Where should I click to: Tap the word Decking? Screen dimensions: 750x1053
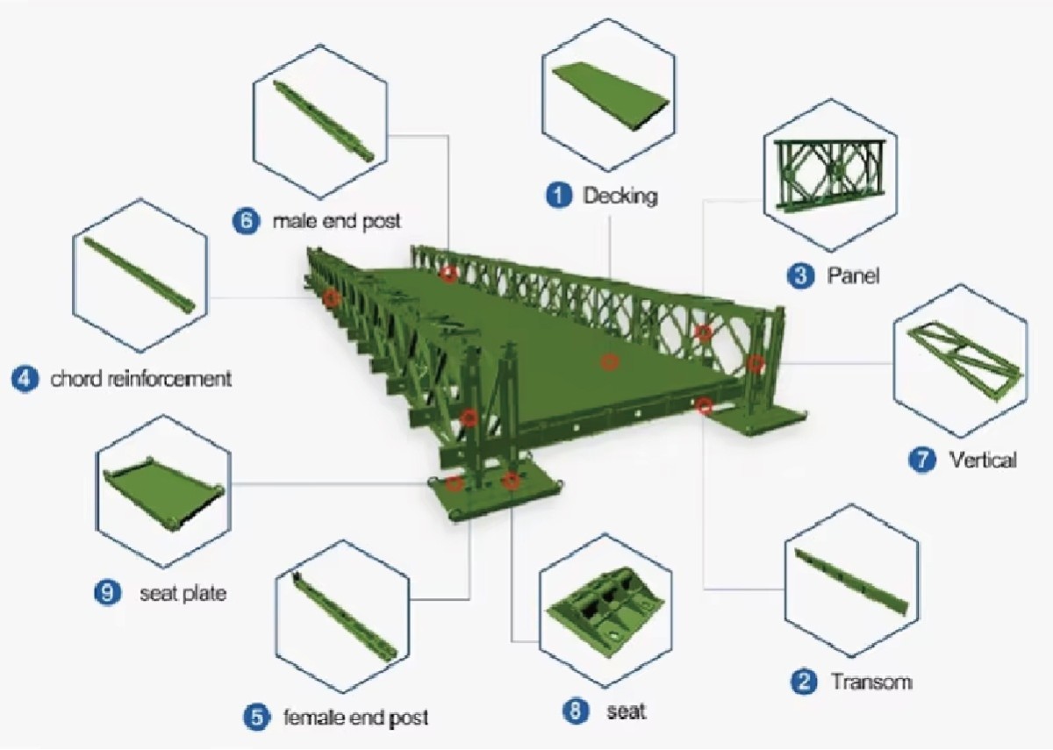click(x=620, y=195)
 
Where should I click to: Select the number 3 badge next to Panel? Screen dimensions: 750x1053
click(x=799, y=276)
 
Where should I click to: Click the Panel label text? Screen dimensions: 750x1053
click(x=853, y=276)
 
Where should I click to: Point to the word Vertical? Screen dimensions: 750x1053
click(x=982, y=460)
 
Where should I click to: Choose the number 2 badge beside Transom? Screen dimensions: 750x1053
click(x=803, y=682)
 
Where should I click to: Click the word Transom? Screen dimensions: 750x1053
click(x=871, y=682)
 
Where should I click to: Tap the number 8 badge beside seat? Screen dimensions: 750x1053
click(x=576, y=711)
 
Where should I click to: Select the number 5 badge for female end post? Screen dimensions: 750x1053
click(x=256, y=718)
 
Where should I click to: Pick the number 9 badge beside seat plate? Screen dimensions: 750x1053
click(x=107, y=593)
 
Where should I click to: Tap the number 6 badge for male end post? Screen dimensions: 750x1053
click(x=247, y=220)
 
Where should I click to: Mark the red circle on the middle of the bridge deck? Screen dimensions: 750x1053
click(x=608, y=361)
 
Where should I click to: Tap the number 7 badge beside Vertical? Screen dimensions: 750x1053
click(x=921, y=460)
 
